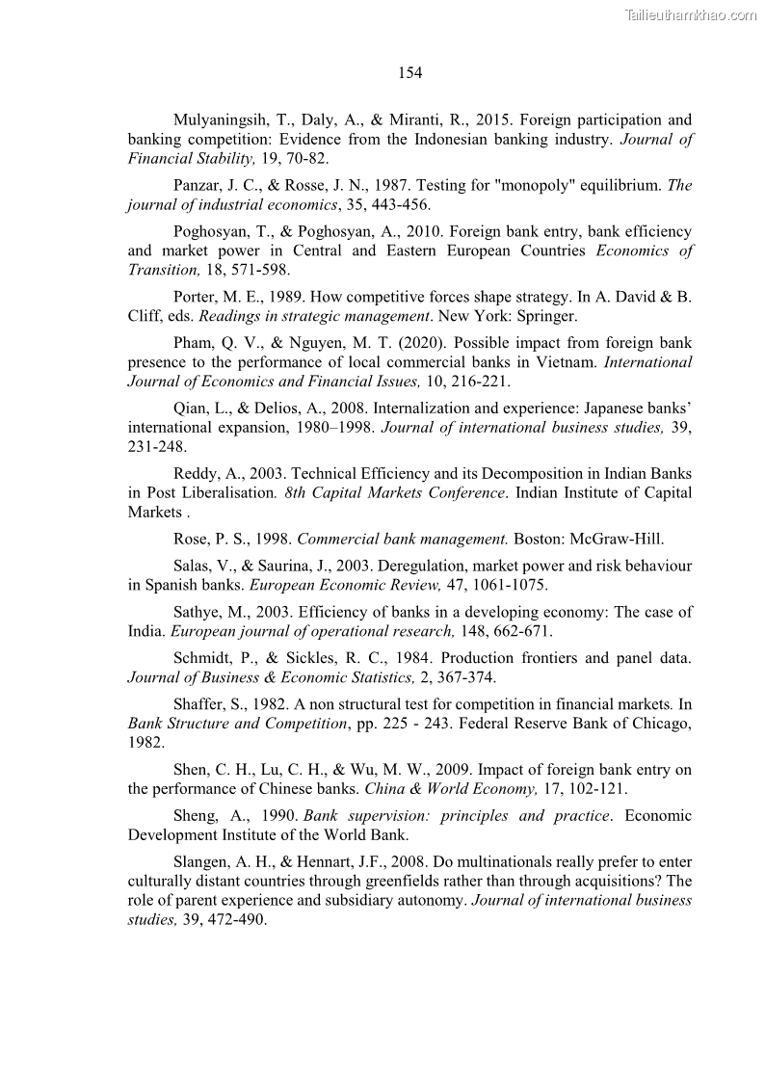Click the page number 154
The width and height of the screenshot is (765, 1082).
(409, 72)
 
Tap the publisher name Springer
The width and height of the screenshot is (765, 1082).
(521, 314)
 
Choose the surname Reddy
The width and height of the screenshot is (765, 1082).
(198, 473)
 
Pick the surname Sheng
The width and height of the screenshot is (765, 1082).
(197, 816)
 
